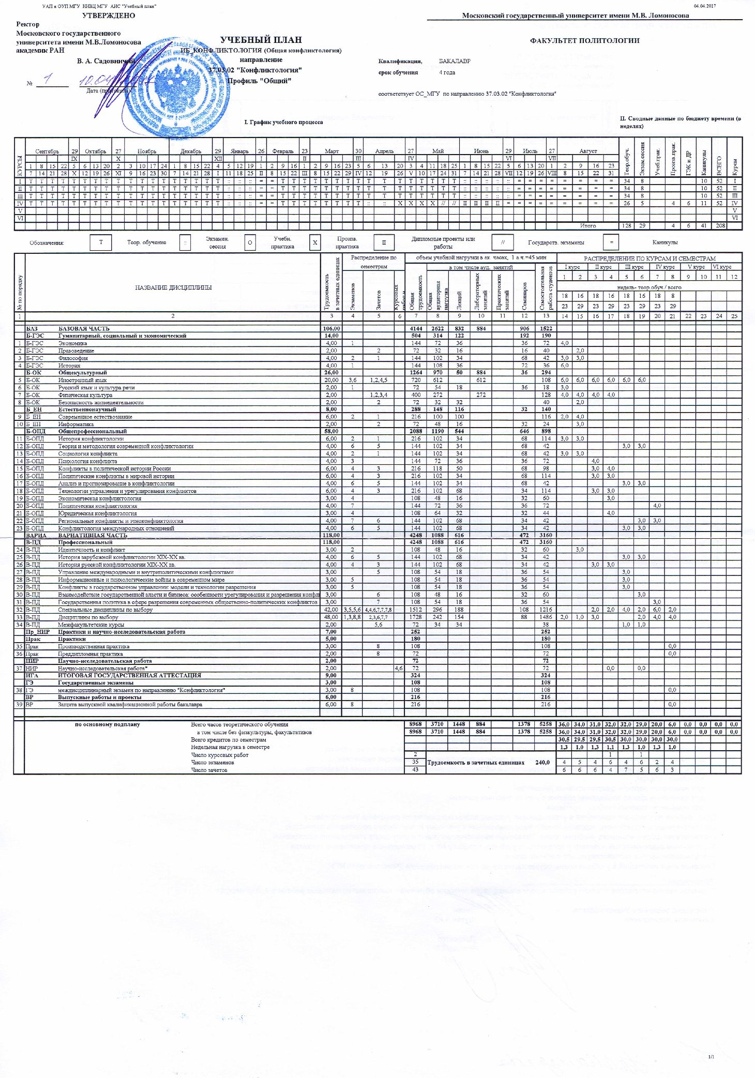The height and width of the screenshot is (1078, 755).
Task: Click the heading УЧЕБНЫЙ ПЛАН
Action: coord(261,40)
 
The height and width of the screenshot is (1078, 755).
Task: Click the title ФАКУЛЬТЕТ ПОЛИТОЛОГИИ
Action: coord(584,40)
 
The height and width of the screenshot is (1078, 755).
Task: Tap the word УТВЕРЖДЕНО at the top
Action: coord(109,16)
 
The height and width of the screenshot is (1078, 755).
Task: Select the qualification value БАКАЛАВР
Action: coord(455,61)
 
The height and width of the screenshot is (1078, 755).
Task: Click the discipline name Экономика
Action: coord(72,343)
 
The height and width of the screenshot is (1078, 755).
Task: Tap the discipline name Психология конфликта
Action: coord(87,461)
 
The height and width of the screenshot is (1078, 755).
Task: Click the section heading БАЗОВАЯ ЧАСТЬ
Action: coord(84,328)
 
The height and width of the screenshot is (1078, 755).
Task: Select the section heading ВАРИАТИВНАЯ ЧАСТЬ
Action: coord(93,535)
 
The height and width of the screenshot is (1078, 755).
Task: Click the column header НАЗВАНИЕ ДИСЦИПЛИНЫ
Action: coord(173,287)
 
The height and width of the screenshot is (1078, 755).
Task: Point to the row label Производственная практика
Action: coord(94,646)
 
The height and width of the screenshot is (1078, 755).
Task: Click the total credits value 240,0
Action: coord(542,763)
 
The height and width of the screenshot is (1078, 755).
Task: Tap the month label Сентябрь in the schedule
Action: coord(47,151)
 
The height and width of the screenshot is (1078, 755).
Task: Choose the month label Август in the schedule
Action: coord(588,151)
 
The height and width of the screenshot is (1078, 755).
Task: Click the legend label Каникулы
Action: coord(665,242)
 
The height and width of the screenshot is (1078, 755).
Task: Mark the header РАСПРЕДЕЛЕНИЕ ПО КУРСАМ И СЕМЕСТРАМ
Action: coord(650,259)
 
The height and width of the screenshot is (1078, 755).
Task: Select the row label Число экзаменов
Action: coord(213,763)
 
